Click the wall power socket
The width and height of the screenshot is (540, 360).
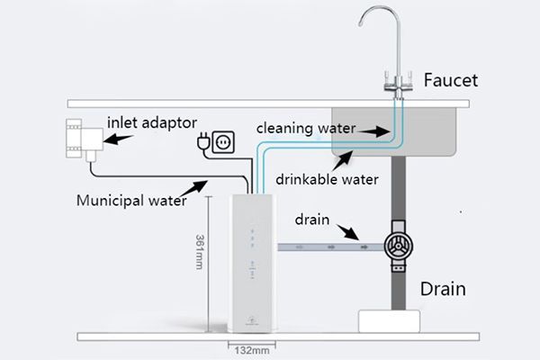(229, 141)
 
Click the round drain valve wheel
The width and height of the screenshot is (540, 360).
(396, 246)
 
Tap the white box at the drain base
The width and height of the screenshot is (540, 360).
(391, 319)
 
